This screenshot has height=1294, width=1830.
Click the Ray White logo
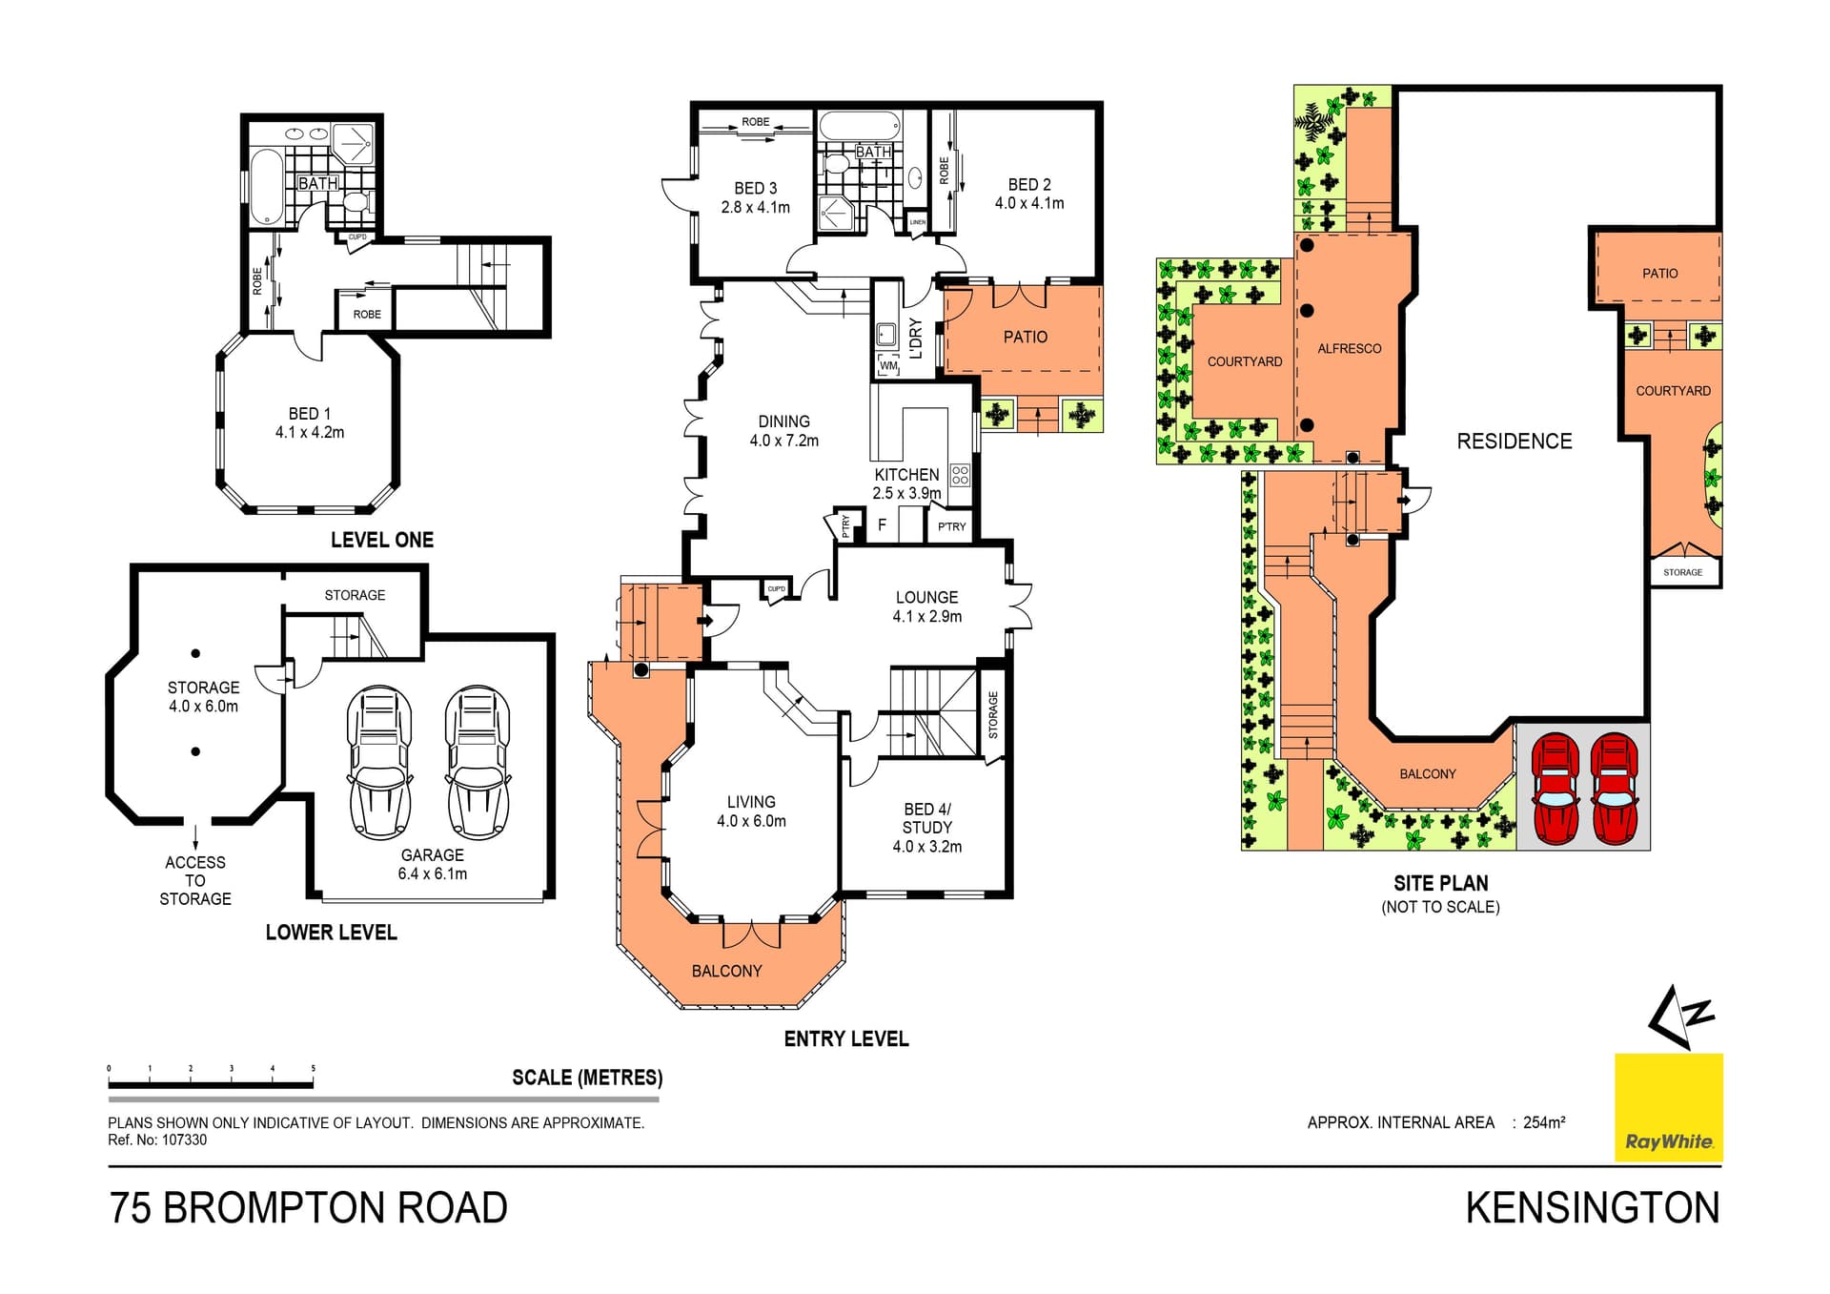click(1668, 1107)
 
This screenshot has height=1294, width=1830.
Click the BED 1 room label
click(310, 422)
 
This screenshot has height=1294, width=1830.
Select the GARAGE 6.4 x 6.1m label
click(433, 864)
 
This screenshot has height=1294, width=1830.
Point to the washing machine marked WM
click(888, 365)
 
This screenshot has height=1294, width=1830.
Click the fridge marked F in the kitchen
click(882, 524)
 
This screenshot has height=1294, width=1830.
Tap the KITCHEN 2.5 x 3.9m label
click(906, 483)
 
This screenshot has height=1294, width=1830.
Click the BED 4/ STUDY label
click(926, 827)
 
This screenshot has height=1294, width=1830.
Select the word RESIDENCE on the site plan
click(1514, 442)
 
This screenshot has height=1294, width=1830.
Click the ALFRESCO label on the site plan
click(1349, 349)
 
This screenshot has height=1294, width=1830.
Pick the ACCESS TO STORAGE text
click(195, 880)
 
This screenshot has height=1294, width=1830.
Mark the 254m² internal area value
click(1544, 1122)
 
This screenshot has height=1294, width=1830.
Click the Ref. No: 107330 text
click(157, 1140)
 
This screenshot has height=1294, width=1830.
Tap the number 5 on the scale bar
click(313, 1069)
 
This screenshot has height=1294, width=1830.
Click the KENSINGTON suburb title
click(1592, 1208)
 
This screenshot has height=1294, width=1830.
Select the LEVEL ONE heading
click(381, 540)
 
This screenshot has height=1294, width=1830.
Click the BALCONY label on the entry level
click(726, 971)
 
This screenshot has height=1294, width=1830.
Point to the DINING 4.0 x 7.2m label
click(783, 431)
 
